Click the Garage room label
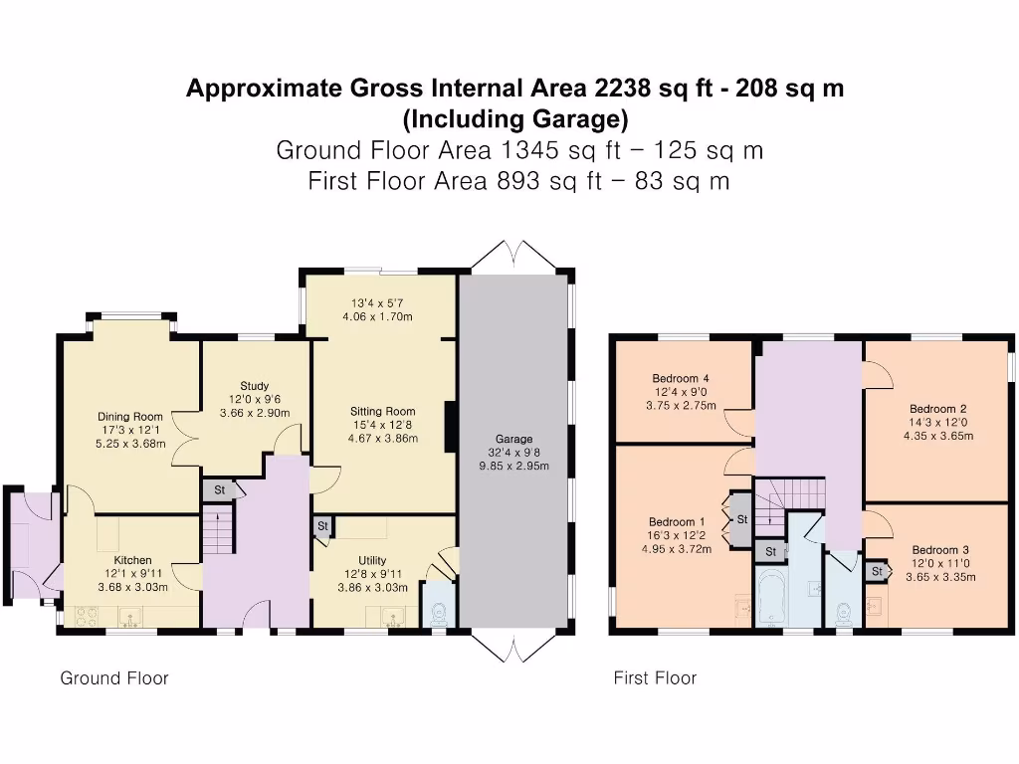tap(513, 439)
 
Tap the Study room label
tap(255, 386)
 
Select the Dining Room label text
tap(129, 417)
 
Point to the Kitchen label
tap(132, 560)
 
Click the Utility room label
tap(372, 560)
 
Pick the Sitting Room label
tap(382, 411)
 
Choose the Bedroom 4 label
tap(681, 378)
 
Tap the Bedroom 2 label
tap(937, 409)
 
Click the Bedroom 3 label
tap(940, 550)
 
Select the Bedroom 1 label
tap(677, 522)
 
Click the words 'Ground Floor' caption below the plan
tap(114, 678)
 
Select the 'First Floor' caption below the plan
tap(655, 678)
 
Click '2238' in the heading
tap(624, 89)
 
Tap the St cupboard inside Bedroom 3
tap(876, 572)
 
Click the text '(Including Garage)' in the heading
tap(514, 119)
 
